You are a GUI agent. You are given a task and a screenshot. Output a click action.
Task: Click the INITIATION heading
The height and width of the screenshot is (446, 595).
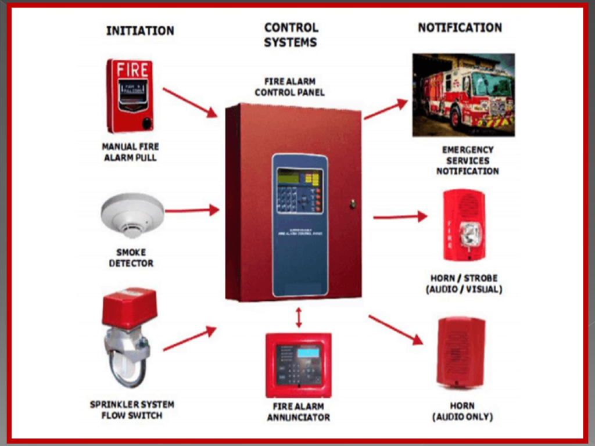pyautogui.click(x=139, y=31)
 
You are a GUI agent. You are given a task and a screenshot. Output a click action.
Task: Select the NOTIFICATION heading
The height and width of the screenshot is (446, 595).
pyautogui.click(x=460, y=27)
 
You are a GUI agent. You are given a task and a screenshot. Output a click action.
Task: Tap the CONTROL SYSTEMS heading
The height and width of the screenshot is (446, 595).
pyautogui.click(x=291, y=35)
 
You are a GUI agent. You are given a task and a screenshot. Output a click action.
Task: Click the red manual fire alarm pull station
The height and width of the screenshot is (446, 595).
pyautogui.click(x=130, y=96)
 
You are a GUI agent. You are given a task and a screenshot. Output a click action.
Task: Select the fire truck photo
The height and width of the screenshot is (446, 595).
pyautogui.click(x=463, y=95)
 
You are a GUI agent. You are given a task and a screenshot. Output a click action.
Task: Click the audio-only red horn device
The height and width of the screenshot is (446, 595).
pyautogui.click(x=461, y=352)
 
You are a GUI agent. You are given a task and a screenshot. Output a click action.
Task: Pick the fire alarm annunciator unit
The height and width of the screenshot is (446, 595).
pyautogui.click(x=298, y=365)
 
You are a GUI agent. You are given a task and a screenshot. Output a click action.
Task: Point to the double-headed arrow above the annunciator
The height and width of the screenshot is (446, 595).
pyautogui.click(x=299, y=317)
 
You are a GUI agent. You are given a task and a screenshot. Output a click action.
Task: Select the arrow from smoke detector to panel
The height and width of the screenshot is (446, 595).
pyautogui.click(x=192, y=210)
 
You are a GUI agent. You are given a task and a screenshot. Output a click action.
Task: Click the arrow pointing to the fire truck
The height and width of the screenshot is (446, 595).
pyautogui.click(x=386, y=109)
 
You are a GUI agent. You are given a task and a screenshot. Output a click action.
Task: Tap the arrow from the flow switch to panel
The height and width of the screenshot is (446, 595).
pyautogui.click(x=189, y=339)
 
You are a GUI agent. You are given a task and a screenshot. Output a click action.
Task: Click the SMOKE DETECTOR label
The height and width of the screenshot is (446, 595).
pyautogui.click(x=131, y=258)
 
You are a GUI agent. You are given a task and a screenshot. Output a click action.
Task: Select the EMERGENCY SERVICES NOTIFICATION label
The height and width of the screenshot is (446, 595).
pyautogui.click(x=467, y=160)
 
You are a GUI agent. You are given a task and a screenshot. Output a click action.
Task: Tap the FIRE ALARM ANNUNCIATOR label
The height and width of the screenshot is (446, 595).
pyautogui.click(x=298, y=412)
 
